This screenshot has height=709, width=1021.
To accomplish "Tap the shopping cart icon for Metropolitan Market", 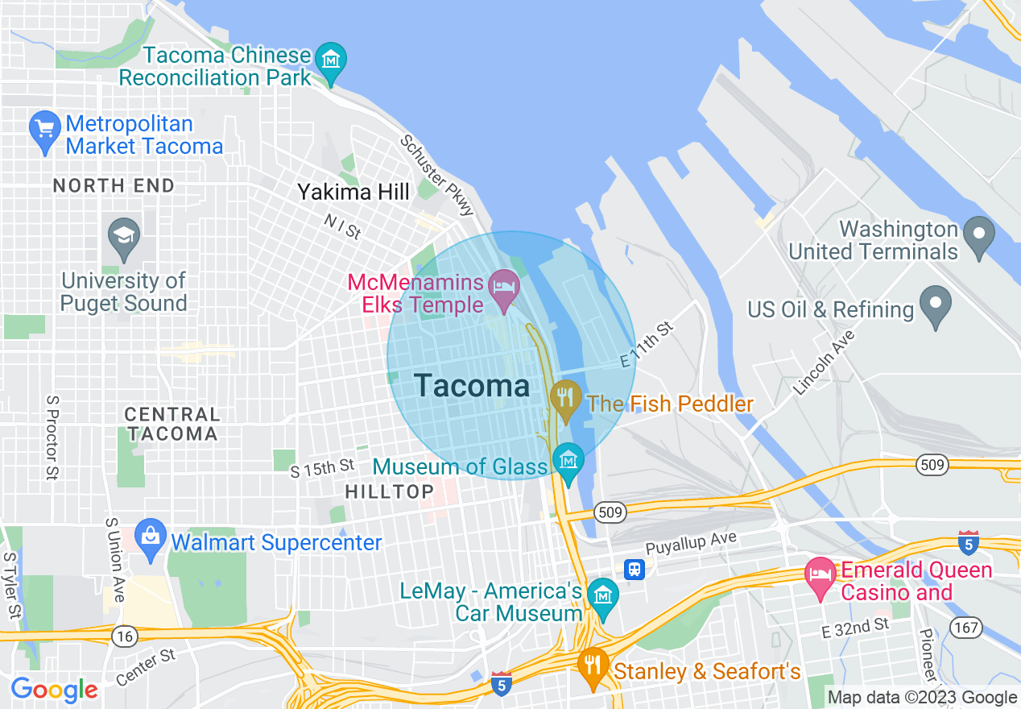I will pos(45,129).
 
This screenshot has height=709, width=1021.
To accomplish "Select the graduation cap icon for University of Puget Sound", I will pos(123,236).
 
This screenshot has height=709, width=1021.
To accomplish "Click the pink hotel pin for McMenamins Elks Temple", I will pos(504,288).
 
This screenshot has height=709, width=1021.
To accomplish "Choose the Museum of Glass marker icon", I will pos(568,462).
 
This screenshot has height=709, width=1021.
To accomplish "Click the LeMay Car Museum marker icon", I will pos(601,597).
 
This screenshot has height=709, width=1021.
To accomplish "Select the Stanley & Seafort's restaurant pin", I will pos(593,665).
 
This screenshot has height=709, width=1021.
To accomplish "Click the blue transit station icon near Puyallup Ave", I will pos(635,570).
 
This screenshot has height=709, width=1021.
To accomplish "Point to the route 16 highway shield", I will pos(124,636).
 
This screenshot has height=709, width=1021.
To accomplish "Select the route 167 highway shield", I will pos(964,626).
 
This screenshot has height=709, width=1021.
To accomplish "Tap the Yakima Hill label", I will pos(353,192).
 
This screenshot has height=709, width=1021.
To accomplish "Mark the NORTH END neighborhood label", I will pos(114,186).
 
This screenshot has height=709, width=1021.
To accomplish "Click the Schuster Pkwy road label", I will pos(437,175).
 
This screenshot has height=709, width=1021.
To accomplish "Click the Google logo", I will pos(54,690).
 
